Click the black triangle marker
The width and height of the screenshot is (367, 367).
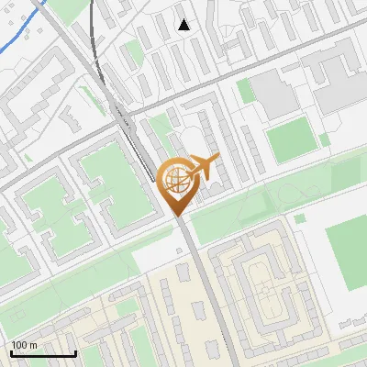[x=184, y=25]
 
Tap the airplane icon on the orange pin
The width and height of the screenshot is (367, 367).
[x=204, y=166]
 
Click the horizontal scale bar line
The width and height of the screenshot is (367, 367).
[x=42, y=353]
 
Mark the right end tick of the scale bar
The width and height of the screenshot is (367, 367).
[x=74, y=350]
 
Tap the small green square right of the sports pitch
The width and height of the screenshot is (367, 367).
[x=325, y=139]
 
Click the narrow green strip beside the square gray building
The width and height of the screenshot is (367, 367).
[x=244, y=90]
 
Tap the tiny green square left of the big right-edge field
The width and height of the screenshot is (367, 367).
[x=300, y=218]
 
